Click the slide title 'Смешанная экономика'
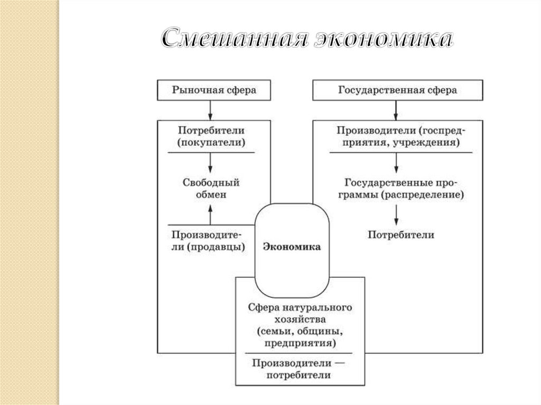point(306,40)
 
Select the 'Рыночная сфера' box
point(214,90)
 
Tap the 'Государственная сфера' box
point(397,90)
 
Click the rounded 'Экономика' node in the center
point(292,247)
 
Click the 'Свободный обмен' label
point(211,189)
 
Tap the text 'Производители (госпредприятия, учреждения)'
point(397,136)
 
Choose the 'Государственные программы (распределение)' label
point(397,189)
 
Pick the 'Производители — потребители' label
point(299,369)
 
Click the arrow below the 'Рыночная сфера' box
point(211,110)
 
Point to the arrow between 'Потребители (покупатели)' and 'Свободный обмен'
point(211,163)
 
